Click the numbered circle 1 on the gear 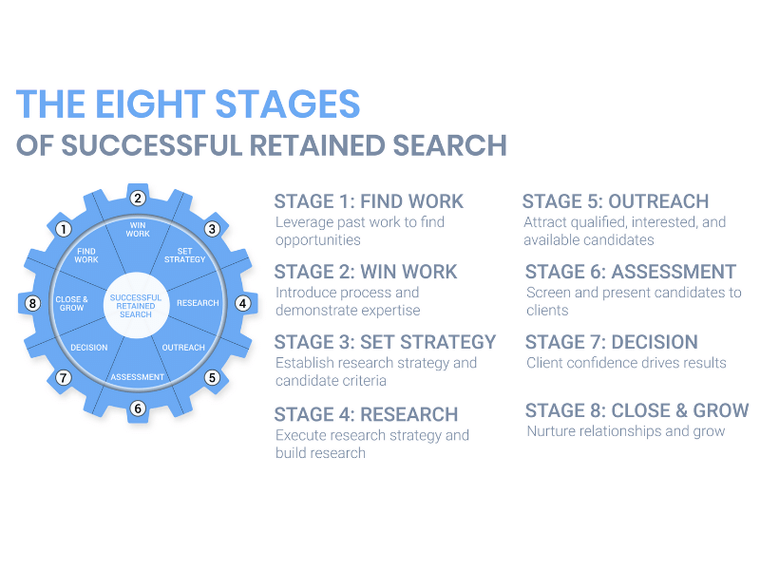point(64,229)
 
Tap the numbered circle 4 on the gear point(242,304)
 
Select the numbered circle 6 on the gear point(138,408)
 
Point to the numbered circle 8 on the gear point(33,304)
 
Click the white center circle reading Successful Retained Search point(137,304)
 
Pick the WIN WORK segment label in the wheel point(138,229)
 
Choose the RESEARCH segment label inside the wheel point(198,303)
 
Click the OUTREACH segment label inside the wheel point(183,348)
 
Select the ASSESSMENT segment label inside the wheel point(138,377)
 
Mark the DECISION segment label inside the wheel point(89,348)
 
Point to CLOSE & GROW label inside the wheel point(71,304)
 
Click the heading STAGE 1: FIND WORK point(369,201)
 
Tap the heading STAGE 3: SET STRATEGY point(385,342)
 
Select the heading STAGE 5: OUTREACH point(616,201)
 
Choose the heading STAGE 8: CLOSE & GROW point(636,411)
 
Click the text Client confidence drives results point(625,362)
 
